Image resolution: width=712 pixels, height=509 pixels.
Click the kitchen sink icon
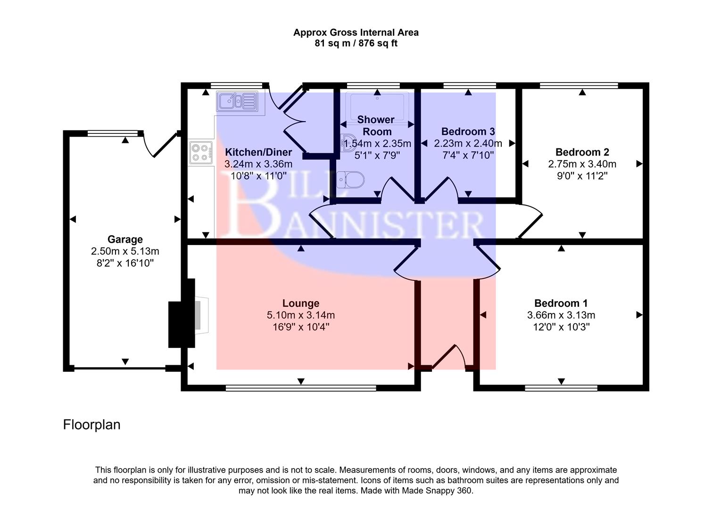237,101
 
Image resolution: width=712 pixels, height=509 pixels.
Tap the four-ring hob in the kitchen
200,152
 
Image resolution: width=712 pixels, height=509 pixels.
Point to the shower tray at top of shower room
377,107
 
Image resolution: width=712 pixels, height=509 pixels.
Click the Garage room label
125,239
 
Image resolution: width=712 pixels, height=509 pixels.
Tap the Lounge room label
301,304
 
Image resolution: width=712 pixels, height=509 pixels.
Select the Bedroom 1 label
561,304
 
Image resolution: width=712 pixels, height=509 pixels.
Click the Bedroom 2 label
582,152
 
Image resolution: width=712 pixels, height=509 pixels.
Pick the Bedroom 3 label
468,131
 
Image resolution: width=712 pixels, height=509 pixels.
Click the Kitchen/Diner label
258,152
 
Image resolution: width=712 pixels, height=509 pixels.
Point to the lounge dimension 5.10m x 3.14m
301,315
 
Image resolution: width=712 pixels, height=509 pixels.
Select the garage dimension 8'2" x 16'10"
125,263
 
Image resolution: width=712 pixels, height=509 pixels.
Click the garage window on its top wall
114,133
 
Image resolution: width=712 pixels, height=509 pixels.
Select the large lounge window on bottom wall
301,388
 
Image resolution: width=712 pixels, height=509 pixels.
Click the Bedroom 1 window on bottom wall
561,388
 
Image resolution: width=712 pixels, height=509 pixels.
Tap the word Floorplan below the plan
92,425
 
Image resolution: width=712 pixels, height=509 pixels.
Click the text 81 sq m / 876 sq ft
356,44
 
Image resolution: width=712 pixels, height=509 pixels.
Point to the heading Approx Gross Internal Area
356,33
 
